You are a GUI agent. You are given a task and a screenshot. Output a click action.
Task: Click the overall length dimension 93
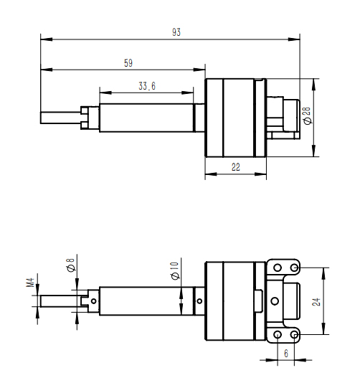(x=176, y=32)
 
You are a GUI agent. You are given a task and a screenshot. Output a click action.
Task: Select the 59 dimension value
(x=128, y=64)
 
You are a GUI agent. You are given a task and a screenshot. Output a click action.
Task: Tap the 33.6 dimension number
(x=147, y=87)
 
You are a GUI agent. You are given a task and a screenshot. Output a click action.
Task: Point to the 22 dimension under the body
(x=236, y=167)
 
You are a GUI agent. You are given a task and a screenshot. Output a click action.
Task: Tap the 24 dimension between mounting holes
(x=316, y=301)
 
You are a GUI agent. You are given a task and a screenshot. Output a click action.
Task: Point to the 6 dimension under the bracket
(x=286, y=354)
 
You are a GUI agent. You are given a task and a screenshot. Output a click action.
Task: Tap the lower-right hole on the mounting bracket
(x=295, y=335)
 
